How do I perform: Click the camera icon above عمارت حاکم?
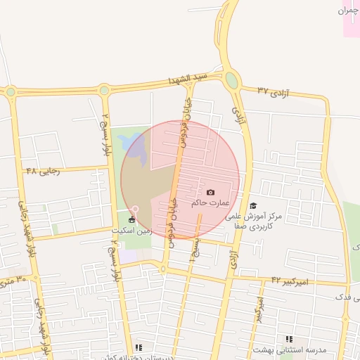pos(211,192)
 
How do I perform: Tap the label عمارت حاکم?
pos(210,203)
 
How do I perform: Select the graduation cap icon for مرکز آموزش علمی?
pos(253,205)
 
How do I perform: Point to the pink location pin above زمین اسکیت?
pos(135,210)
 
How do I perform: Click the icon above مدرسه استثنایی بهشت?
pos(288,339)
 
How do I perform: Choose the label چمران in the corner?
pos(349,11)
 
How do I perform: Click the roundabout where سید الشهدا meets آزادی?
pos(232,79)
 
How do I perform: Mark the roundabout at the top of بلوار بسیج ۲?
pos(104,90)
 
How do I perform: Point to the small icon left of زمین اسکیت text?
pos(132,220)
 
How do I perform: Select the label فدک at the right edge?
pos(347,298)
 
